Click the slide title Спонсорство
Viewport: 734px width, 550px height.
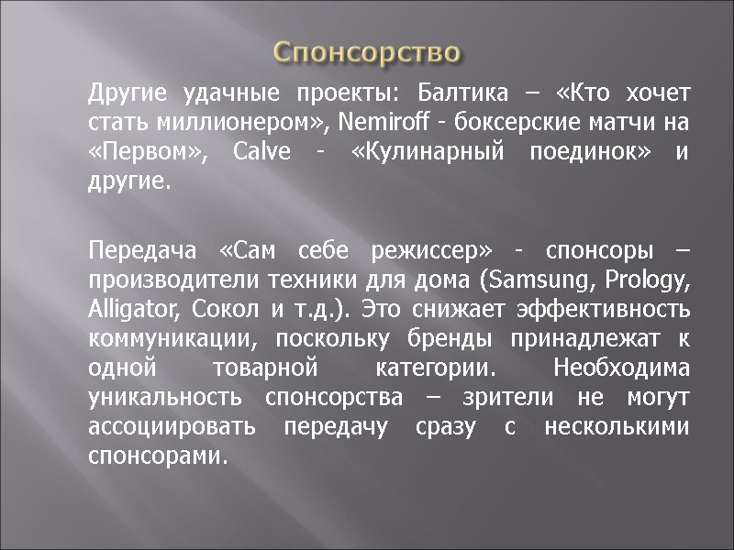click(x=368, y=51)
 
